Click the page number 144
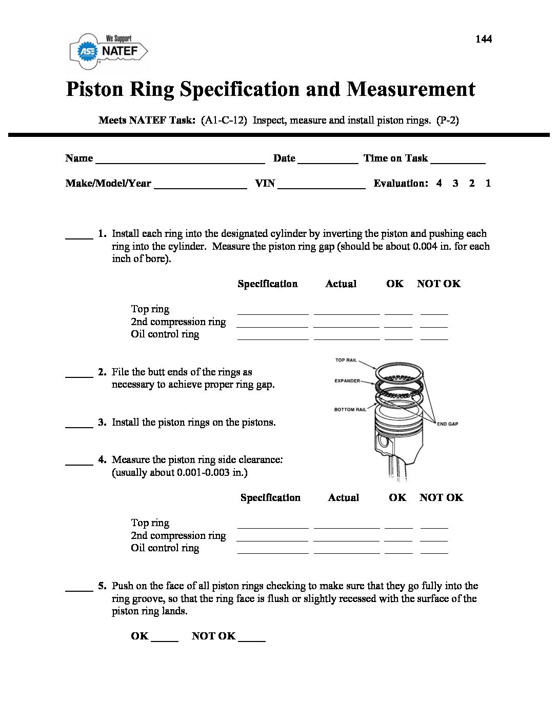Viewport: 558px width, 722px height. (484, 39)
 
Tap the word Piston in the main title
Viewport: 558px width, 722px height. (95, 89)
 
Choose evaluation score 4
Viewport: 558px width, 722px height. (439, 183)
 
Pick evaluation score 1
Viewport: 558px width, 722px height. (488, 183)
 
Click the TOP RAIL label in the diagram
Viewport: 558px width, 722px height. (346, 360)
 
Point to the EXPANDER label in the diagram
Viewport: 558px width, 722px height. (347, 381)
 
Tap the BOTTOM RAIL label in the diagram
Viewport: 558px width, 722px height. (350, 410)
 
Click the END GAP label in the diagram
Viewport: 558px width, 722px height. (447, 424)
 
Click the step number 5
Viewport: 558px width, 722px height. (102, 586)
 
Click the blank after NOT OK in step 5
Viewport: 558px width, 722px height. (252, 638)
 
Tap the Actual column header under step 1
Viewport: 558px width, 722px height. (341, 284)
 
